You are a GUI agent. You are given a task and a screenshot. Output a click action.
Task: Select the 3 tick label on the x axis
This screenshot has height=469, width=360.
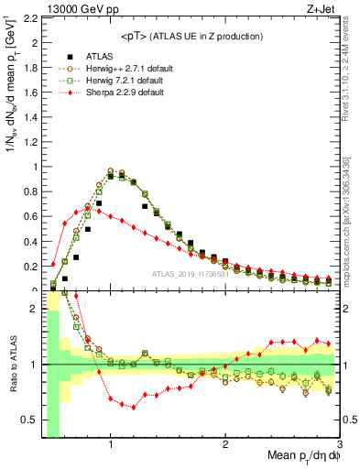pyautogui.click(x=339, y=444)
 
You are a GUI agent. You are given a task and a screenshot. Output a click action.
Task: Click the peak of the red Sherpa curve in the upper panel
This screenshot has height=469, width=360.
pyautogui.click(x=87, y=208)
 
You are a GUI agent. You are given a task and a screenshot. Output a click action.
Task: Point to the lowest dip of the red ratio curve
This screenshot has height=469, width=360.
pyautogui.click(x=134, y=407)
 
